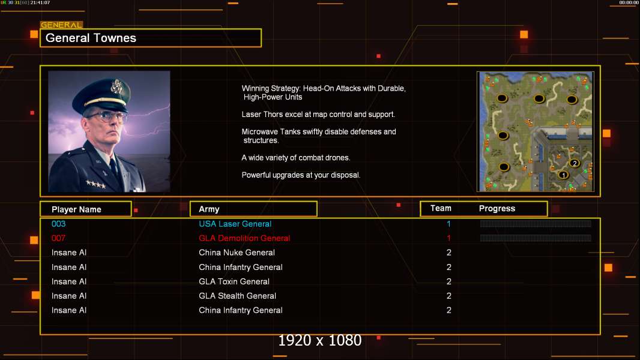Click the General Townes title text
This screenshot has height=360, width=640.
point(91,38)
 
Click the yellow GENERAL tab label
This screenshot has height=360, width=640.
point(61,25)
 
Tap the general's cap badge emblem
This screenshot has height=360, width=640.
point(116,86)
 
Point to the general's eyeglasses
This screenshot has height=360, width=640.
point(106,116)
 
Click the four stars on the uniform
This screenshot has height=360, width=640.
point(95,184)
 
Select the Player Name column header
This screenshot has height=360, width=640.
point(76,209)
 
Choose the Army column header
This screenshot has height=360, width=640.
point(209,209)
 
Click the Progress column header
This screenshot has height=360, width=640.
point(497,208)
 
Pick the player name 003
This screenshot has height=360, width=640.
point(58,224)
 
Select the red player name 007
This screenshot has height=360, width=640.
point(58,238)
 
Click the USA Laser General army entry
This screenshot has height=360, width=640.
point(235,224)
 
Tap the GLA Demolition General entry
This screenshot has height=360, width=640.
point(244,238)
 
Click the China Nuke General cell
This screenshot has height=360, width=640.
point(237,253)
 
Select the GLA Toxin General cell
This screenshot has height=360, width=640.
point(234,281)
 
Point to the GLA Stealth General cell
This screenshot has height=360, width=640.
point(237,296)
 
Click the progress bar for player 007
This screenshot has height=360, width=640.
point(536,238)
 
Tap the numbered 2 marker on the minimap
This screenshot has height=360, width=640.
point(575,163)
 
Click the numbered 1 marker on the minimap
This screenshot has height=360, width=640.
point(563,175)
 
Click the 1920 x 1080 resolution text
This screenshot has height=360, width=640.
point(319,340)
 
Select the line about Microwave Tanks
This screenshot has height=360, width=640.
point(319,136)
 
